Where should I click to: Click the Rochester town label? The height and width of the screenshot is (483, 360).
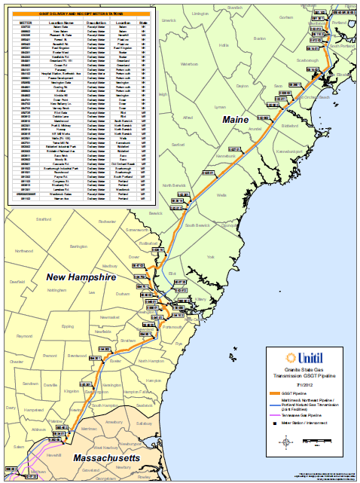(107, 222)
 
